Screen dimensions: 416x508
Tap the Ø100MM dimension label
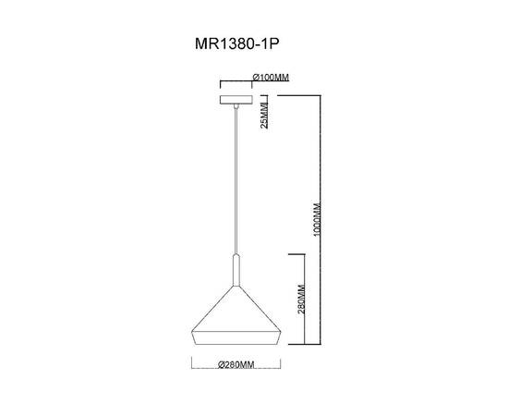tap(271, 78)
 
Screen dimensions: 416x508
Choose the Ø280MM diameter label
tap(236, 364)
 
